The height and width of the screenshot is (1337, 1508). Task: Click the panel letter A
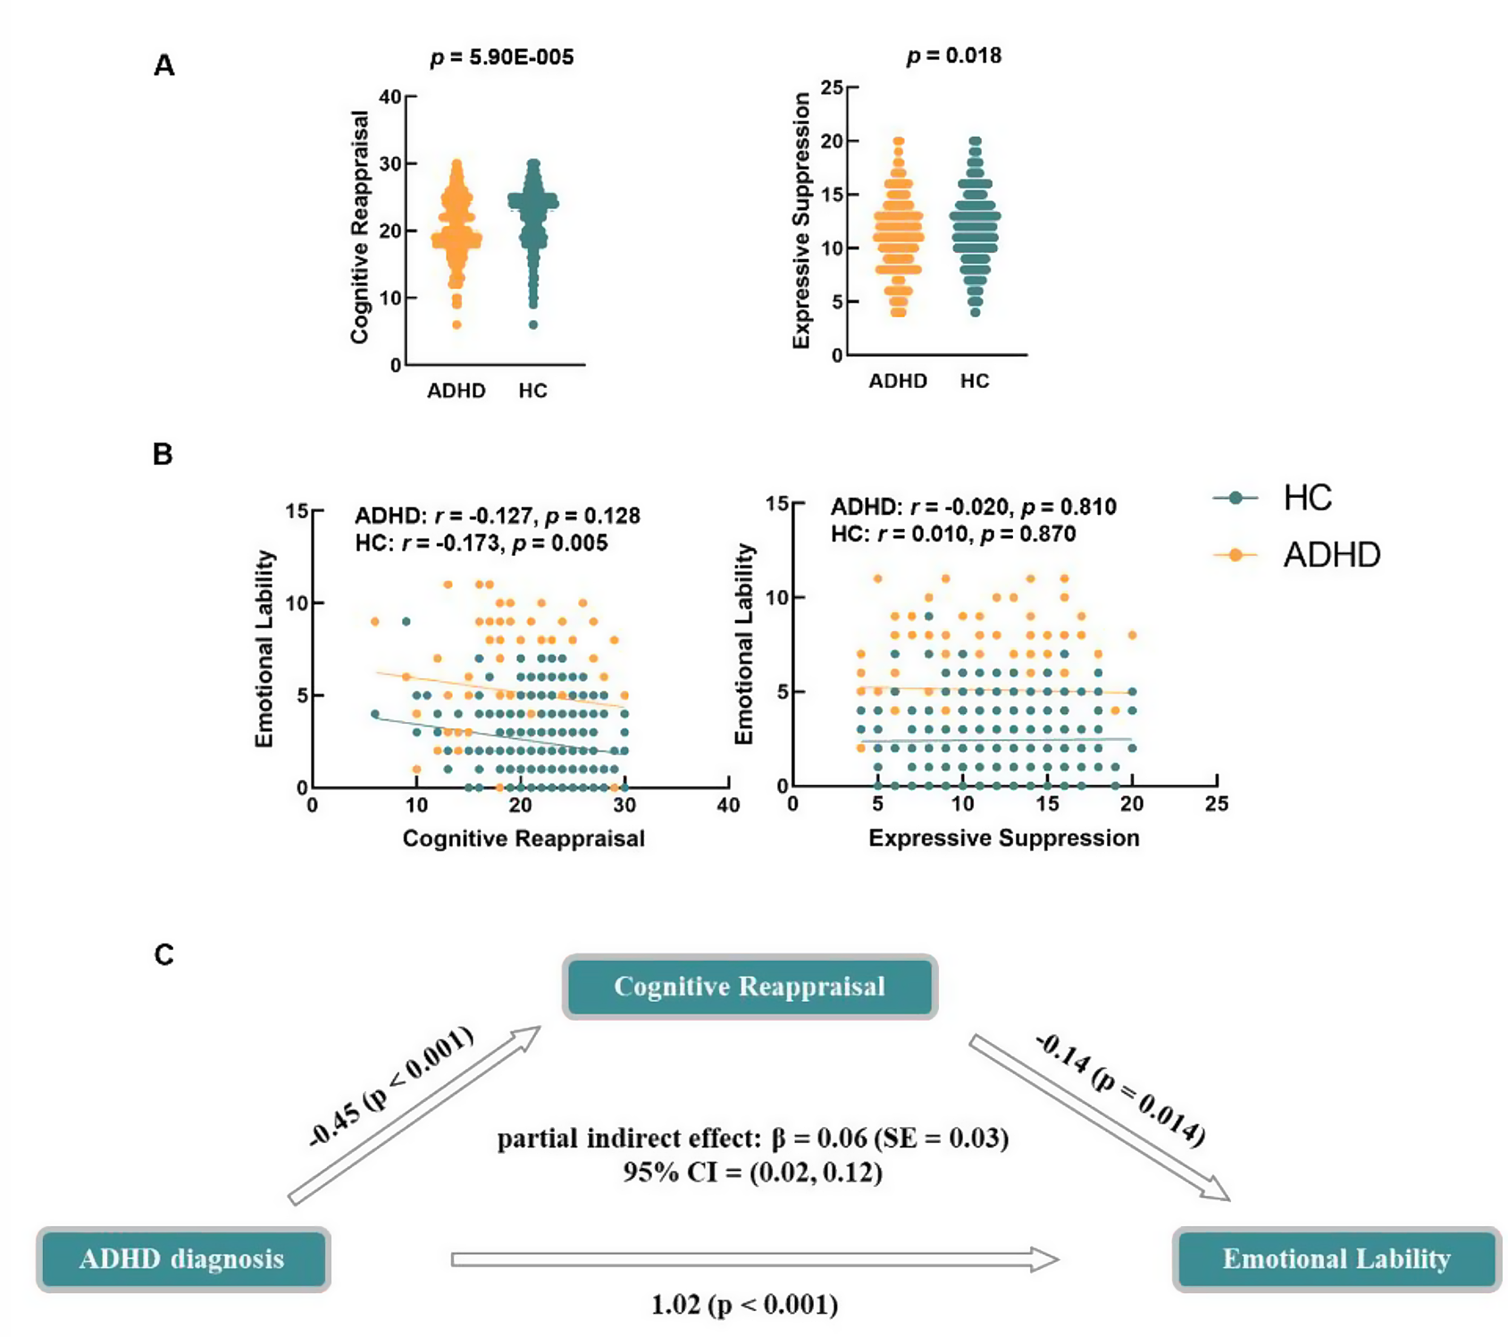coord(164,66)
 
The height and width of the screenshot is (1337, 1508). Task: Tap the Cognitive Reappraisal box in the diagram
coord(750,987)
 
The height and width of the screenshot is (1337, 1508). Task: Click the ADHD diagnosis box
coord(182,1258)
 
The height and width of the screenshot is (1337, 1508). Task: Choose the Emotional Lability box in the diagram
coord(1336,1258)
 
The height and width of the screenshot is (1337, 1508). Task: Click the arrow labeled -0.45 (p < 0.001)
coord(413,1115)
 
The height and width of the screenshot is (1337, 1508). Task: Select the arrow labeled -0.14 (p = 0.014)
coord(1099,1117)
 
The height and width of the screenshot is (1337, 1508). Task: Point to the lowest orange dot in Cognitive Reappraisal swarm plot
coord(457,324)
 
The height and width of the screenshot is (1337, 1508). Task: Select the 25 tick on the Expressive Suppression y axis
coord(832,87)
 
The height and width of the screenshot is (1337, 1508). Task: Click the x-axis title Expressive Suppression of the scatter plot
coord(1003,838)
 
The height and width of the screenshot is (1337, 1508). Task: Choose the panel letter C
coord(164,955)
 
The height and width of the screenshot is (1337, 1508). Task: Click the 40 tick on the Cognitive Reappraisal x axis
coord(728,805)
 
